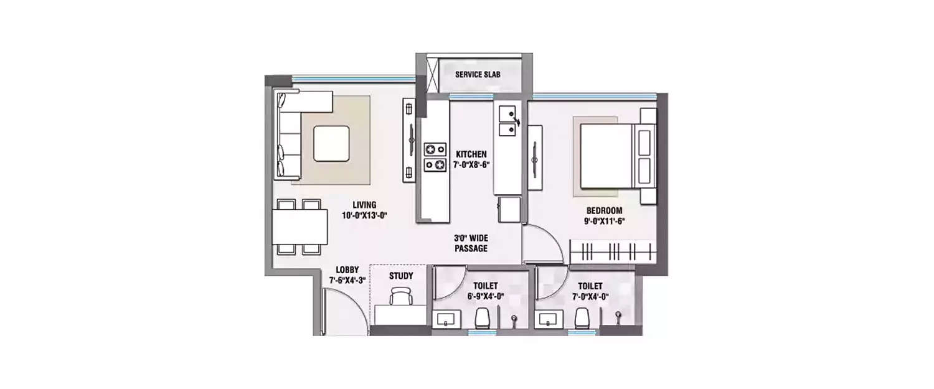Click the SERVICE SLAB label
(478, 75)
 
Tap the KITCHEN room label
(471, 154)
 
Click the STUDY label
(401, 275)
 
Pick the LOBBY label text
(347, 269)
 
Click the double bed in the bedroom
(613, 156)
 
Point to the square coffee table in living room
(331, 143)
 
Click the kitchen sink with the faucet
(507, 122)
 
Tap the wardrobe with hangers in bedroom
(613, 253)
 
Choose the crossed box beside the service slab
(428, 75)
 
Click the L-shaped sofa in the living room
(288, 134)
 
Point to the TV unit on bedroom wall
(535, 158)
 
